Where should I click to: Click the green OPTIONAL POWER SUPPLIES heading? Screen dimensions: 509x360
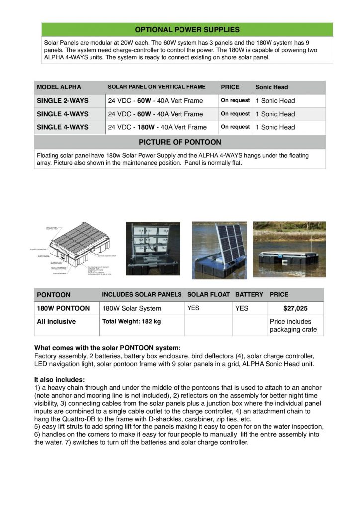click(187, 30)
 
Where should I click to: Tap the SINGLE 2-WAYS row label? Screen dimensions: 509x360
click(63, 101)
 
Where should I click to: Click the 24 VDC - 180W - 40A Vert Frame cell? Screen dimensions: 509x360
click(157, 127)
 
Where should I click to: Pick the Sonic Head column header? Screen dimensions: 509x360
click(271, 87)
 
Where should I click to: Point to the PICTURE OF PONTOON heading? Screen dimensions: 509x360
click(180, 142)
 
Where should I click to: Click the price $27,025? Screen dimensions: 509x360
click(295, 308)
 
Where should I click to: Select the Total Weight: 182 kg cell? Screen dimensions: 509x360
click(131, 322)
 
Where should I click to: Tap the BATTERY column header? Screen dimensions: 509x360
click(249, 295)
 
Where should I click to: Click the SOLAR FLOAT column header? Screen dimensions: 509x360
click(208, 295)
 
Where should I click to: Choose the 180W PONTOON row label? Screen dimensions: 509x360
click(63, 308)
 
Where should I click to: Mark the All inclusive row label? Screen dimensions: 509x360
click(56, 322)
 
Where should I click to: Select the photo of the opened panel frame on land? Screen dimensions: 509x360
click(152, 249)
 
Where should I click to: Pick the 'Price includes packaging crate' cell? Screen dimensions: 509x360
click(293, 326)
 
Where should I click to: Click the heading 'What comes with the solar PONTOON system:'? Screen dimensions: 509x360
click(107, 347)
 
